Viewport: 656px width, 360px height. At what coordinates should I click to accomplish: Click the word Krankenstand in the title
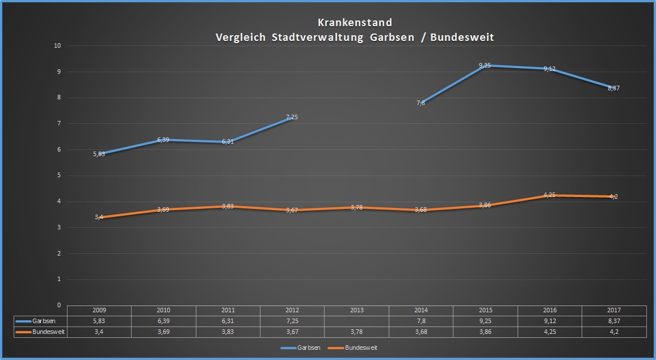point(355,23)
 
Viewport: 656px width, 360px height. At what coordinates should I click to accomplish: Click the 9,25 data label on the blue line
point(485,66)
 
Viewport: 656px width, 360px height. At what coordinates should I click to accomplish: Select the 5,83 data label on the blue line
point(99,154)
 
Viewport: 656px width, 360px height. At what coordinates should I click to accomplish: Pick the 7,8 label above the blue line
point(420,103)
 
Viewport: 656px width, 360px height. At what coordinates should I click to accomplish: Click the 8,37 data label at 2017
point(613,88)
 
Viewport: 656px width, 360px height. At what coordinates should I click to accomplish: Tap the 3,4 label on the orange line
point(99,217)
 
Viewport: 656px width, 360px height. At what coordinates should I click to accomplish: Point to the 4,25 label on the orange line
point(549,195)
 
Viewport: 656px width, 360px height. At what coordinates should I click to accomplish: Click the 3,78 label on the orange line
point(356,207)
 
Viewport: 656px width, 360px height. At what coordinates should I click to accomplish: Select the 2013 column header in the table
point(356,311)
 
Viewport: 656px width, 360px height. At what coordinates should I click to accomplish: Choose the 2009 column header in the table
point(99,311)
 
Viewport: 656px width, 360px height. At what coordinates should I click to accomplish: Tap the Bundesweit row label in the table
point(47,332)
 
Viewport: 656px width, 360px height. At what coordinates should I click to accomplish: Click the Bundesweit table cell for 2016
point(549,332)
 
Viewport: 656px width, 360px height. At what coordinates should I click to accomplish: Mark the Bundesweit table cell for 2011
point(228,332)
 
